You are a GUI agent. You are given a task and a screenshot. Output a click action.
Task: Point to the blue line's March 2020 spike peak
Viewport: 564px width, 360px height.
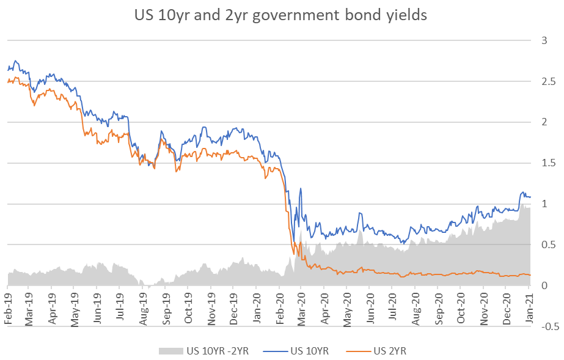301,188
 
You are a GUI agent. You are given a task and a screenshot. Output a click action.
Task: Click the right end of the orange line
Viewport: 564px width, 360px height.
530,275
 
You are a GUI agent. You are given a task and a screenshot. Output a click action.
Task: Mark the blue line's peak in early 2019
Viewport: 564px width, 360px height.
15,61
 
